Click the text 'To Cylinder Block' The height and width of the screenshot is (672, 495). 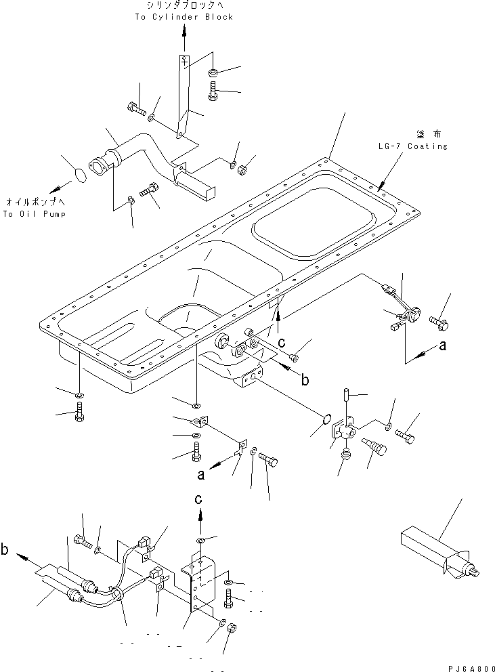pyautogui.click(x=184, y=17)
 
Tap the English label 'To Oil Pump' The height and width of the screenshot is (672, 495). pyautogui.click(x=35, y=214)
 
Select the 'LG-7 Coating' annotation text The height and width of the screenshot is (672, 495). pyautogui.click(x=412, y=146)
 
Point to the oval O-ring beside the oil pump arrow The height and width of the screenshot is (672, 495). pyautogui.click(x=81, y=175)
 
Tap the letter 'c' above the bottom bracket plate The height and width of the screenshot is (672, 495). pyautogui.click(x=198, y=499)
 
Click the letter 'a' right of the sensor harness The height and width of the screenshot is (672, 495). pyautogui.click(x=442, y=345)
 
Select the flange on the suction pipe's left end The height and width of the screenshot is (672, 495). pyautogui.click(x=100, y=165)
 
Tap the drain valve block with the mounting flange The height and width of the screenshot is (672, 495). pyautogui.click(x=342, y=432)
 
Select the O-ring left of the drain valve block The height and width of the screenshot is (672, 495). pyautogui.click(x=326, y=418)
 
